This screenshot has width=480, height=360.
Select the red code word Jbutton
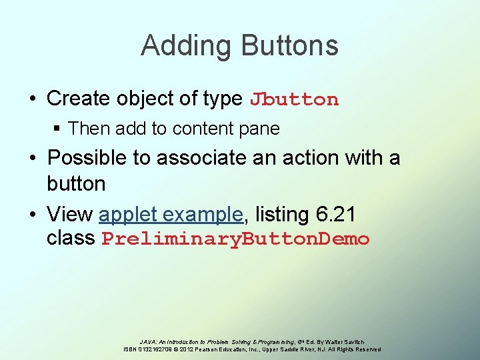294,100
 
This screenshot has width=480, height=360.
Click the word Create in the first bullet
79,99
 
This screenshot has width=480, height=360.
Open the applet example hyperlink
171,215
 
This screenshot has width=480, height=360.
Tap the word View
70,215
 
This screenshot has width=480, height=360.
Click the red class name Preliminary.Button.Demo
235,239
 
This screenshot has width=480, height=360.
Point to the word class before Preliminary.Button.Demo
71,238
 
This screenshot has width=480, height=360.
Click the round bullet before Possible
33,159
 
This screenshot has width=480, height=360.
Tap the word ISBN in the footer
133,349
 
